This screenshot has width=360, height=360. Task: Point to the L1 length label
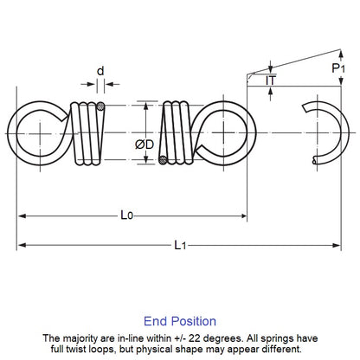(179, 245)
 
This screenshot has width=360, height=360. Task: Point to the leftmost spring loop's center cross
(38, 132)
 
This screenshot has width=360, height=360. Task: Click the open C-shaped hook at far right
(330, 132)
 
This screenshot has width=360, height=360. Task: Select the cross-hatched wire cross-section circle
(102, 106)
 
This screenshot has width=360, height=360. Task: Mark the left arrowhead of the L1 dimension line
(22, 245)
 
